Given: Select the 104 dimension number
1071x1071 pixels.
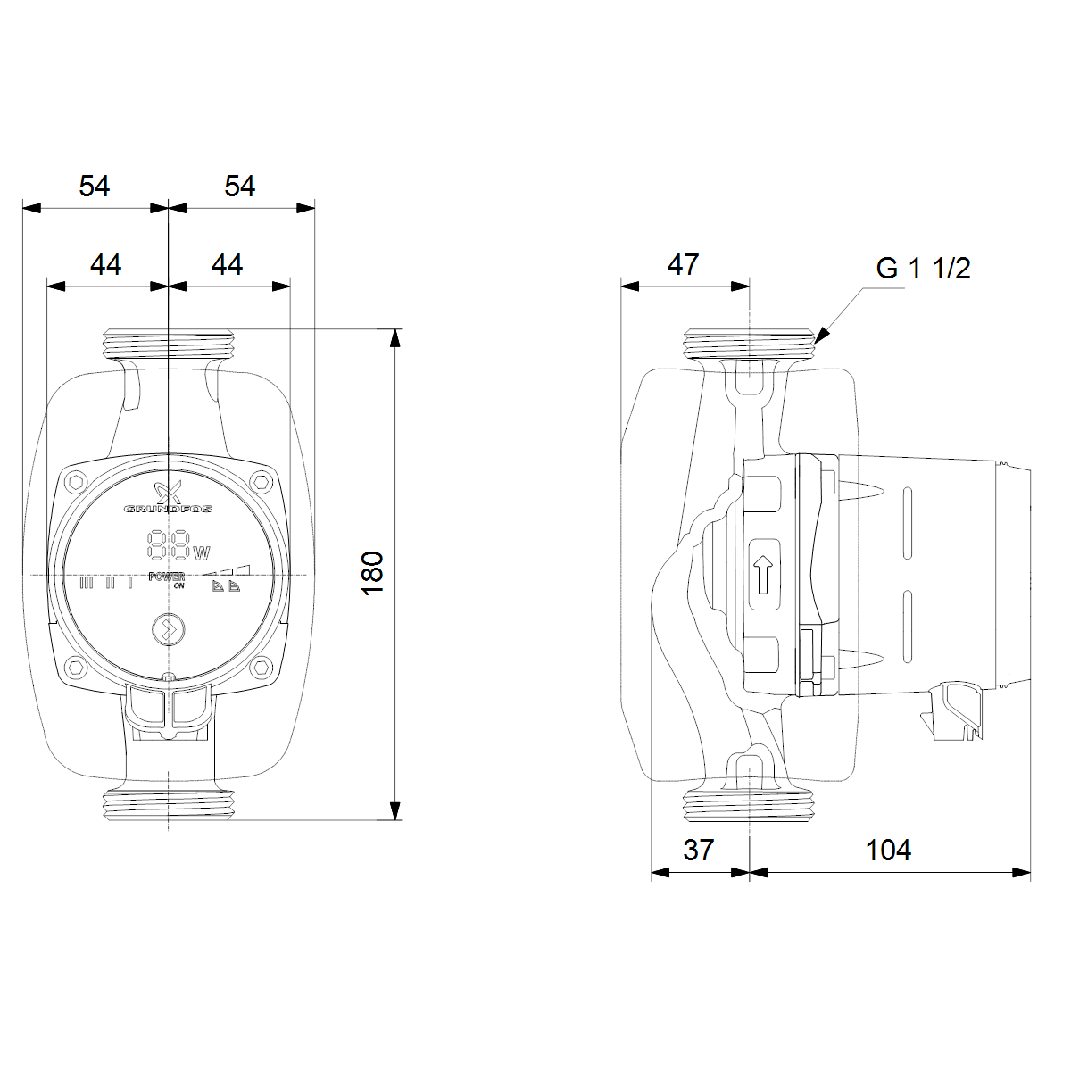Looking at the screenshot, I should (x=888, y=850).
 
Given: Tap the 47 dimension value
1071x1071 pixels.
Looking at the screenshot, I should (x=683, y=264).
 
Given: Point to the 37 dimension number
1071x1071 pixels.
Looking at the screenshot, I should (x=699, y=850).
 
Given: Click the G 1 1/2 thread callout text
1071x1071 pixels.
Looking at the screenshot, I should (x=923, y=268).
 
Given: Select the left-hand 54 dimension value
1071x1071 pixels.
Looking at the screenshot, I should (x=95, y=186).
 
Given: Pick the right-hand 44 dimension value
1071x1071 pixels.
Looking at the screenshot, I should (x=228, y=264).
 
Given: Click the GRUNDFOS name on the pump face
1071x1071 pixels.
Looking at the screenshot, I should (x=168, y=509).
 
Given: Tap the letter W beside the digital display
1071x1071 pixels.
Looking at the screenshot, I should (x=202, y=552).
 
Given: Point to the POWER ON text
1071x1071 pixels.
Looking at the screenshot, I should (x=168, y=580).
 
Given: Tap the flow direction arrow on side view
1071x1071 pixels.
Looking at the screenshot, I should (x=763, y=575).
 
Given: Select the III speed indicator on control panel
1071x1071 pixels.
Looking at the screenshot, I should (x=87, y=584).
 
